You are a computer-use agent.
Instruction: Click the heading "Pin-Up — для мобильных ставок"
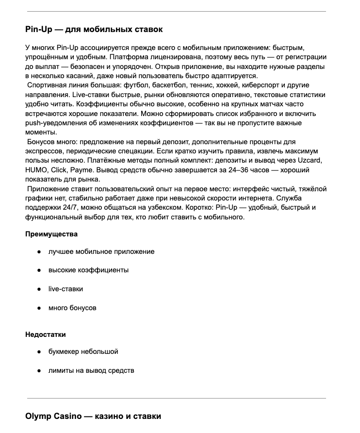94,30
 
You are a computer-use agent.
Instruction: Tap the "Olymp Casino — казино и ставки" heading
93,416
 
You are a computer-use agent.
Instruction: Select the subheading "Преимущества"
51,234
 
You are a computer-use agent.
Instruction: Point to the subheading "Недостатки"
46,334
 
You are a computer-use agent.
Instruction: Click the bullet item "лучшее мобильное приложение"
101,251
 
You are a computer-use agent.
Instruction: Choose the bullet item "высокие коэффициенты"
88,270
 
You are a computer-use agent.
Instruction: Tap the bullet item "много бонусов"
72,308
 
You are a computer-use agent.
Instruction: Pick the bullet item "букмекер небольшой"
83,351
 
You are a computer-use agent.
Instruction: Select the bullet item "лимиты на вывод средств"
91,370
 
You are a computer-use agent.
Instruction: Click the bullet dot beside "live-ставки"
38,289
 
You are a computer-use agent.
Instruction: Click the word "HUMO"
36,170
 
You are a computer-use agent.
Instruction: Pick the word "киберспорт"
262,85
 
